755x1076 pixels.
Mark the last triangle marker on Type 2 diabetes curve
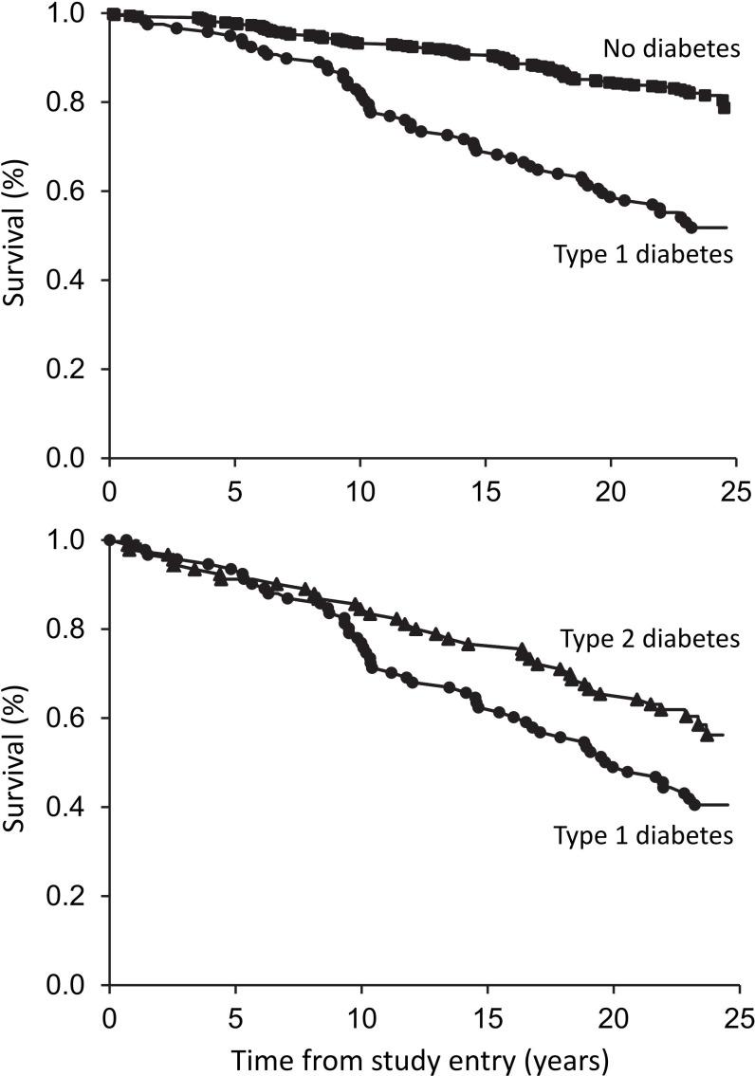pos(707,735)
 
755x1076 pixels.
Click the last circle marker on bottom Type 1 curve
pos(694,805)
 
